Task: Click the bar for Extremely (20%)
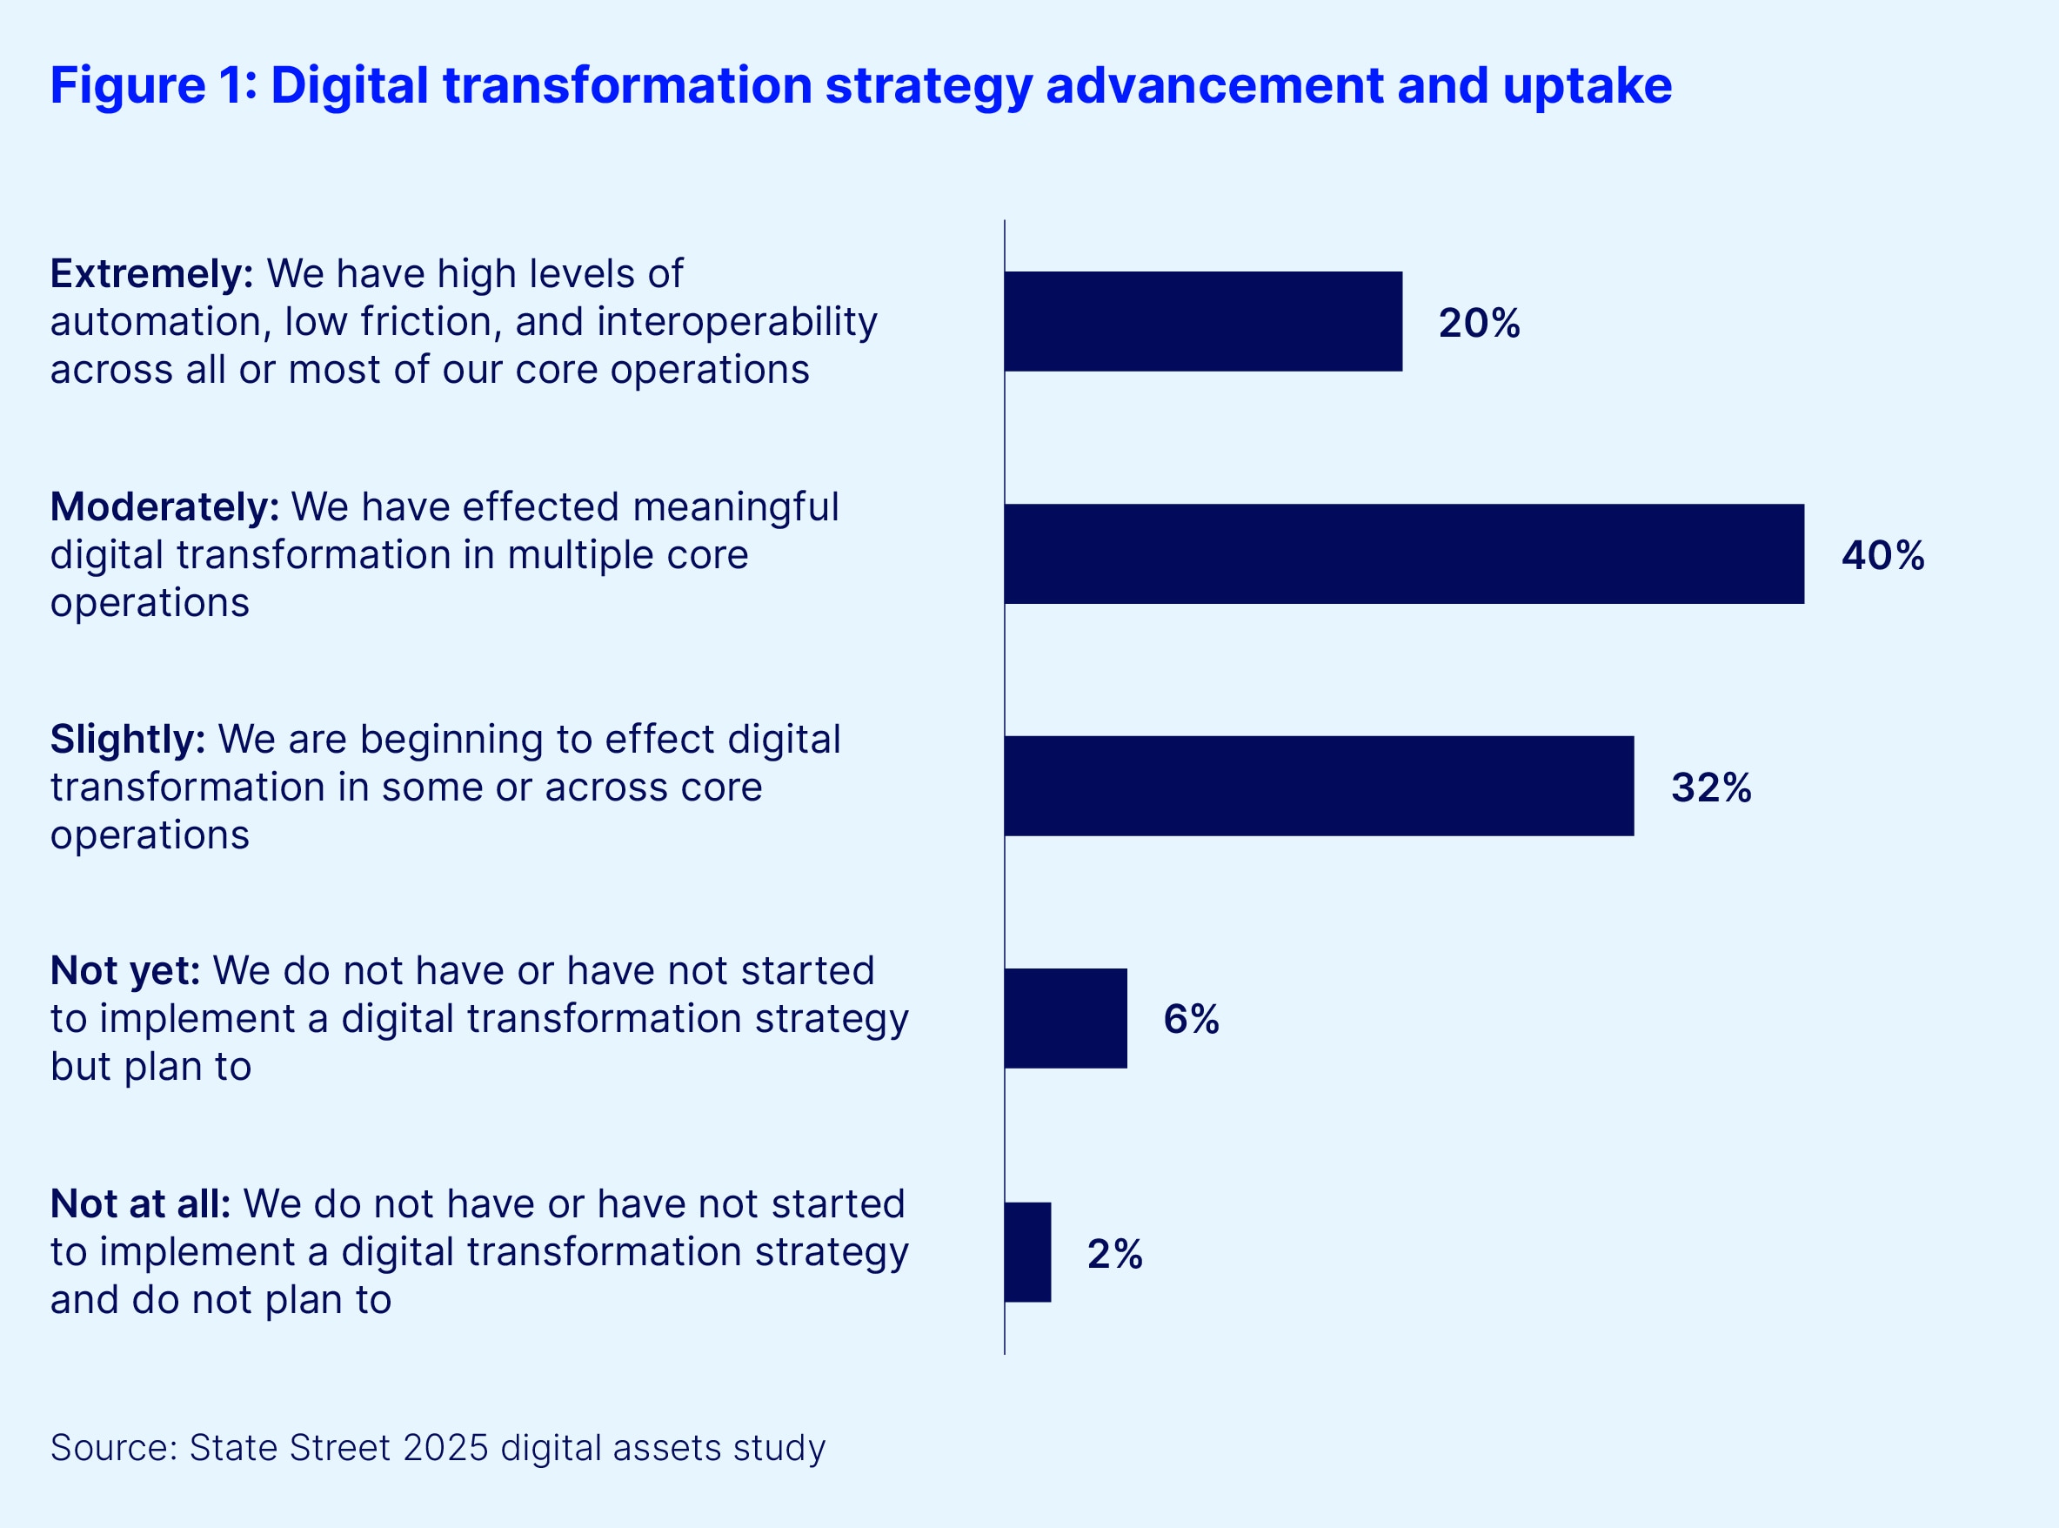coord(1203,321)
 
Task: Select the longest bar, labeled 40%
coord(1403,554)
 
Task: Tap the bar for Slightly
coord(1319,787)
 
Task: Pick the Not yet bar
coord(1065,1018)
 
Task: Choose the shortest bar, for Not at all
coord(1027,1252)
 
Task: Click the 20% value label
coord(1479,323)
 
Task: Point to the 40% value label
coord(1882,555)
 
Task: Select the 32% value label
coord(1710,787)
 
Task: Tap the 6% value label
coord(1191,1019)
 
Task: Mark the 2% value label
coord(1114,1254)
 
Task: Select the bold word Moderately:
coord(164,506)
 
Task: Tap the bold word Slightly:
coord(128,739)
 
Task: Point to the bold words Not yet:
coord(124,971)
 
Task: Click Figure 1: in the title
coord(153,85)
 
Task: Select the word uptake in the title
coord(1587,85)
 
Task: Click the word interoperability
coord(737,322)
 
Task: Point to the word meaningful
coord(735,506)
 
